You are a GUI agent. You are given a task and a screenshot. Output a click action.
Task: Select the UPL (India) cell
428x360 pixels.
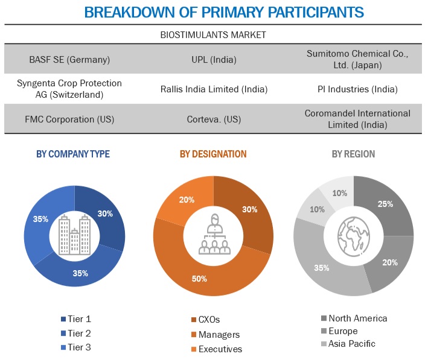click(213, 60)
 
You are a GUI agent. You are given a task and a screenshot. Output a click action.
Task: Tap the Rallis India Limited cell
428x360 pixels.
click(213, 89)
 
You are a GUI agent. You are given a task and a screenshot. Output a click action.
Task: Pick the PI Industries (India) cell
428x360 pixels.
click(357, 89)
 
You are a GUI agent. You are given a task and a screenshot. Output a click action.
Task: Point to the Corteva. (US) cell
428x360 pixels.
click(213, 118)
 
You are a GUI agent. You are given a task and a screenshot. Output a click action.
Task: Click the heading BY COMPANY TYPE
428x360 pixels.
click(73, 154)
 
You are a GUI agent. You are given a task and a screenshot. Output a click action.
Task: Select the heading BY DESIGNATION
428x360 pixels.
click(213, 154)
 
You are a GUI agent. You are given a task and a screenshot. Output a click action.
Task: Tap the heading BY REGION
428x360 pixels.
click(353, 154)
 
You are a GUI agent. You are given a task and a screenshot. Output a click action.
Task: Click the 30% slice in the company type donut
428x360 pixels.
click(106, 213)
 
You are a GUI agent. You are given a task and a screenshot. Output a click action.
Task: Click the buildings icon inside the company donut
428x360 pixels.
click(75, 235)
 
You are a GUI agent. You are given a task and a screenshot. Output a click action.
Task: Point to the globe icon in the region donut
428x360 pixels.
click(353, 235)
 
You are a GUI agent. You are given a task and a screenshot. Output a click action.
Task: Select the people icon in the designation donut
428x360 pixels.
click(213, 235)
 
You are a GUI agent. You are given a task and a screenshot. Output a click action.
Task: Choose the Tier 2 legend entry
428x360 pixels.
click(79, 333)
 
